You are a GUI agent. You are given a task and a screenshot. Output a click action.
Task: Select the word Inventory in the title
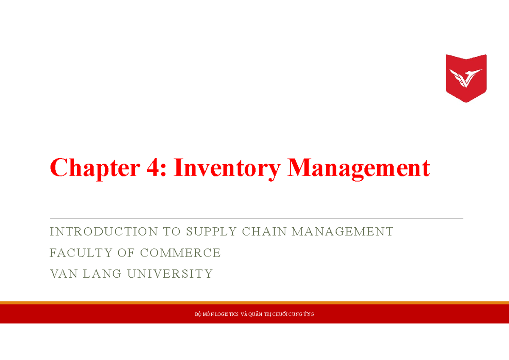pyautogui.click(x=227, y=168)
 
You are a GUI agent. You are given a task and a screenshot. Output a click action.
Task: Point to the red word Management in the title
pyautogui.click(x=358, y=168)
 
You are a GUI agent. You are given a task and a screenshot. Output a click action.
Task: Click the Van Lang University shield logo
pyautogui.click(x=466, y=78)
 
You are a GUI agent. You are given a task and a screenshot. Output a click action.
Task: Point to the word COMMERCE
pyautogui.click(x=180, y=253)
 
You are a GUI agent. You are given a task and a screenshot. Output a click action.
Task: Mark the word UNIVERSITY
pyautogui.click(x=170, y=274)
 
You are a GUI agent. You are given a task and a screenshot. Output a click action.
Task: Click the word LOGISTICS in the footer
pyautogui.click(x=223, y=314)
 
